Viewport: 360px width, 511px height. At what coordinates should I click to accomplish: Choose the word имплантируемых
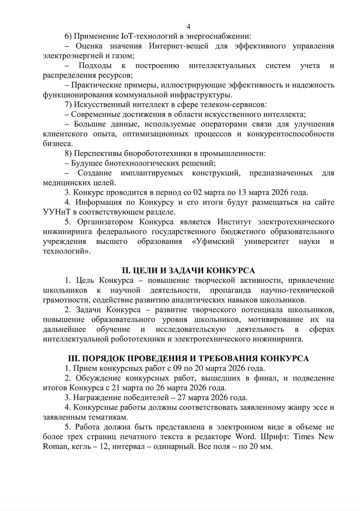point(152,173)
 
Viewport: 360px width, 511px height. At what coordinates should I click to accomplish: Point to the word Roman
point(55,447)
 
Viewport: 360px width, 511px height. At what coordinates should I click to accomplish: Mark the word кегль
point(81,447)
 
